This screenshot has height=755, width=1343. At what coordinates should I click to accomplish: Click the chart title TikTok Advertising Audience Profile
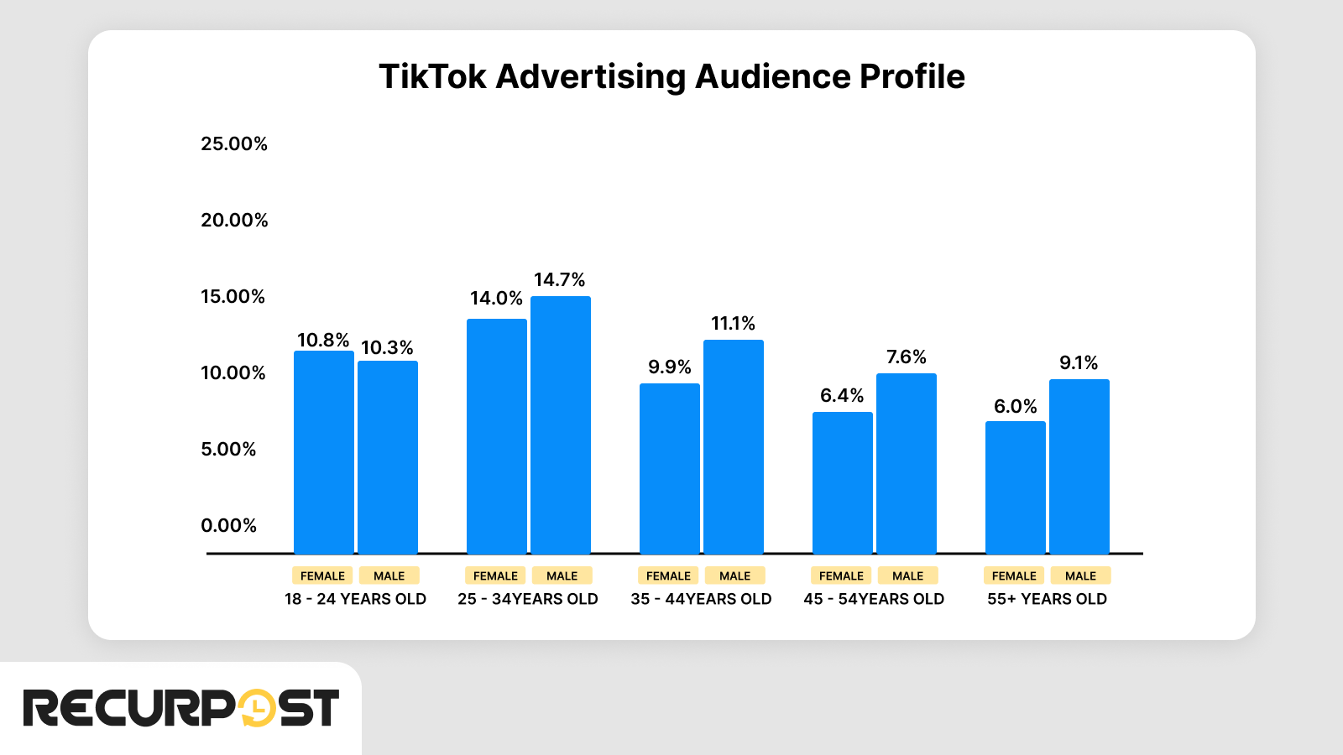point(671,76)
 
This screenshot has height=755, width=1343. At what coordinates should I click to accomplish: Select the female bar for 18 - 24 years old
point(323,453)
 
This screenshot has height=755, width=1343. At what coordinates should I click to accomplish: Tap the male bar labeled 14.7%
point(561,425)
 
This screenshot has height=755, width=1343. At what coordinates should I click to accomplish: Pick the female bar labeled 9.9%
point(669,469)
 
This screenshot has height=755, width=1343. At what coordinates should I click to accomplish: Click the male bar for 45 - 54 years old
point(907,464)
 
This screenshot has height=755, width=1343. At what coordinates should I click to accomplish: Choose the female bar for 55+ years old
point(1015,487)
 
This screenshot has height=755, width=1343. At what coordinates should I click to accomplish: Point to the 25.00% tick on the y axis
point(234,143)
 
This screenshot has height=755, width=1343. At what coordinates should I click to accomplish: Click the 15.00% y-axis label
point(233,296)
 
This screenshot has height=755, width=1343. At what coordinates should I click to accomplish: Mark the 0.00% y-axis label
point(228,525)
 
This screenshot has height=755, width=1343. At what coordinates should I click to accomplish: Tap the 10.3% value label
point(387,347)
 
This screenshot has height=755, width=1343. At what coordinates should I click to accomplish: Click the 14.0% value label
point(496,298)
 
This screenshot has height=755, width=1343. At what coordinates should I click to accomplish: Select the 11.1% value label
point(733,323)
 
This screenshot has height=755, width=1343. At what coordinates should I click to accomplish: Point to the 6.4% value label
point(842,395)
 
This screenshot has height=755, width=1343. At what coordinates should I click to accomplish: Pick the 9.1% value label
point(1079,362)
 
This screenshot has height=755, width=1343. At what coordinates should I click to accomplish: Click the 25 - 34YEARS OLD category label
point(528,599)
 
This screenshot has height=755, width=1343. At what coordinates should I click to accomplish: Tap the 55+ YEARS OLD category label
point(1047,599)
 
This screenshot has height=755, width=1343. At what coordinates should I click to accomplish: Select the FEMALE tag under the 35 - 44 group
point(668,575)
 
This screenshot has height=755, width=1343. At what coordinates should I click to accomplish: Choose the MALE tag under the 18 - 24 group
point(389,575)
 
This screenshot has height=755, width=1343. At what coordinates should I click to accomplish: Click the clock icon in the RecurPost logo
point(257,708)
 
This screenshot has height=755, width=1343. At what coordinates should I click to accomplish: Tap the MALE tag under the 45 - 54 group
point(907,575)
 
